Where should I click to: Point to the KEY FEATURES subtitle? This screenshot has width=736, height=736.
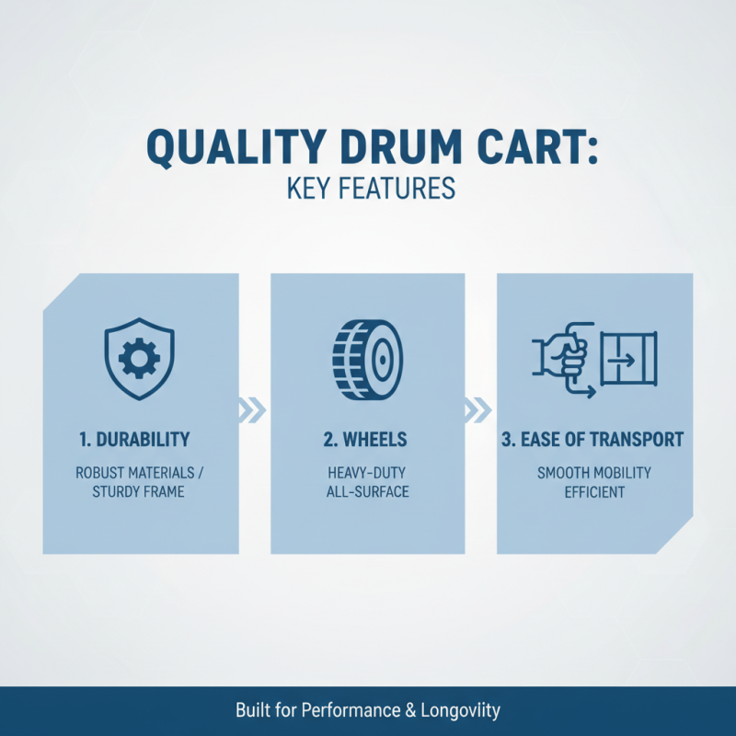pos(371,189)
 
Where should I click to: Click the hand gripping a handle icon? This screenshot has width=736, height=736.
pos(562,358)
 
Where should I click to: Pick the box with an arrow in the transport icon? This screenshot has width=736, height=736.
pos(629,358)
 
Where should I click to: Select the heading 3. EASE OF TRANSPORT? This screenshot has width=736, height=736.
pos(593,439)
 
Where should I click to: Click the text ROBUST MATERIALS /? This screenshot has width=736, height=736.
pos(141,473)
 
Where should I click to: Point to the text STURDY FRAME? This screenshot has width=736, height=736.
pos(138,492)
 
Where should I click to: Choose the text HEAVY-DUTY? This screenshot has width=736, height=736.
pos(367,473)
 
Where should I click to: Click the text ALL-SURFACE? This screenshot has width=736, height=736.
pos(367,492)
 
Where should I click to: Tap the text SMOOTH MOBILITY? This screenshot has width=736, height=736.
pos(593,473)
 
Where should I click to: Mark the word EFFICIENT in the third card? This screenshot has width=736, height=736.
pos(593,492)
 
